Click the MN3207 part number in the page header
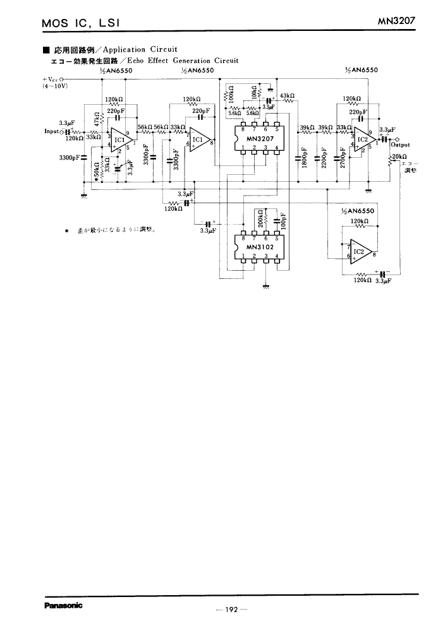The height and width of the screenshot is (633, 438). pyautogui.click(x=396, y=21)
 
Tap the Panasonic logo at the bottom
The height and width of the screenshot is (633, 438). pyautogui.click(x=63, y=605)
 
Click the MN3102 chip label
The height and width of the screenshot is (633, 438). pyautogui.click(x=260, y=247)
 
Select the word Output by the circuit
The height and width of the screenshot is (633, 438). pyautogui.click(x=401, y=145)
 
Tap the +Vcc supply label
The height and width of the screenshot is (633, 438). pyautogui.click(x=50, y=80)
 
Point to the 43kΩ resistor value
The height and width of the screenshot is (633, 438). pyautogui.click(x=288, y=95)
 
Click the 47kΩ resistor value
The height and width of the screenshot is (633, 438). pyautogui.click(x=97, y=119)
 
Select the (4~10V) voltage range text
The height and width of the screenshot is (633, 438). pyautogui.click(x=55, y=86)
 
